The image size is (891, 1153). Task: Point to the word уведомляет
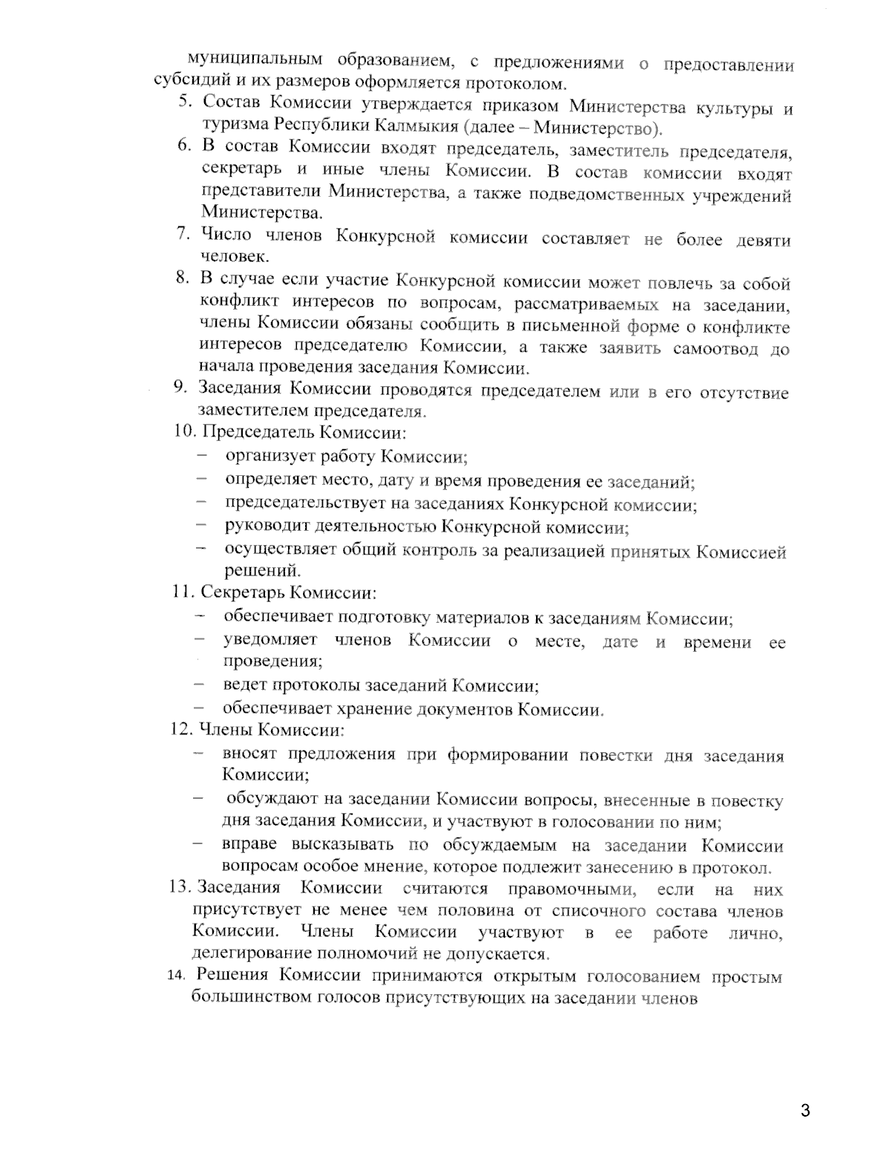[x=270, y=640]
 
